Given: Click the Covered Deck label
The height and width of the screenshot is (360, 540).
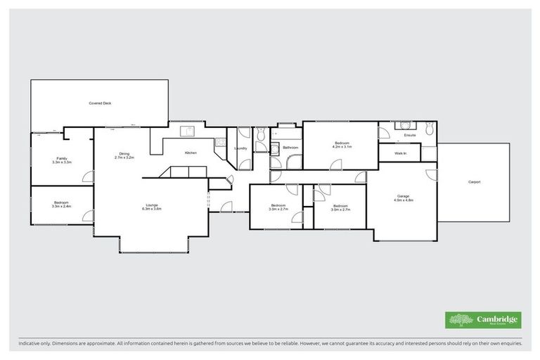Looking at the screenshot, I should [x=100, y=103].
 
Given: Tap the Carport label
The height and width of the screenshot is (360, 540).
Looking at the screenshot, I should [x=475, y=182].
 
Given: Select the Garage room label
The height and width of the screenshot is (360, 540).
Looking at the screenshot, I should [x=403, y=196].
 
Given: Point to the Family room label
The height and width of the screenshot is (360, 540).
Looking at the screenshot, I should [x=62, y=158].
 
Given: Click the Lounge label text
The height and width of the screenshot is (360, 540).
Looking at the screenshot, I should [x=152, y=205].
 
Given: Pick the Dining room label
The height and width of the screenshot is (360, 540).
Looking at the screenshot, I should [x=124, y=154].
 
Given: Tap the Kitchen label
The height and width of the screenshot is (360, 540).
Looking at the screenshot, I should [x=190, y=153].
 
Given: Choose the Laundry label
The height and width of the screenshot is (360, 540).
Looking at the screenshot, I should [x=240, y=148].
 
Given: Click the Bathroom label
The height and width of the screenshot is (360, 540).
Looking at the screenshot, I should [x=290, y=148].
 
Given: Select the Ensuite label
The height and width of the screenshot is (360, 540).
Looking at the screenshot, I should [x=409, y=135].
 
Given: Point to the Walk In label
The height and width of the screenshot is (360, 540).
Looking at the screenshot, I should [x=401, y=153].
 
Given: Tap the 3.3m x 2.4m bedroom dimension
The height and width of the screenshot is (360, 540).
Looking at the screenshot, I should [x=62, y=207].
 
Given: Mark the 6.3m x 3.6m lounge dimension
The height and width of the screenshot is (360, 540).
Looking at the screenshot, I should [x=152, y=209].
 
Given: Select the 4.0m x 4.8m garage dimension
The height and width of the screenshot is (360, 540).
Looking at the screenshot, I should [x=403, y=200].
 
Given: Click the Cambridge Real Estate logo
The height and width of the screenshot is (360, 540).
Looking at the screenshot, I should [x=484, y=320].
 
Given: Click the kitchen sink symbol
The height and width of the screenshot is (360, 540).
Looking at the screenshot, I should [x=188, y=131].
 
